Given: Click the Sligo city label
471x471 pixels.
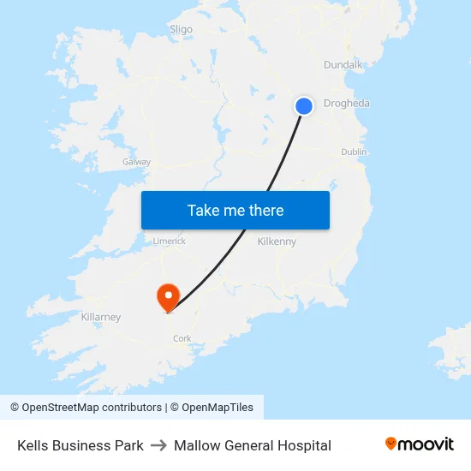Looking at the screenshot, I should tap(181, 29).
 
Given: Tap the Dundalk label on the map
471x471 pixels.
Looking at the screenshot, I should tap(343, 65).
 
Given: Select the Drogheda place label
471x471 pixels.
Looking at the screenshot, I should tap(347, 104).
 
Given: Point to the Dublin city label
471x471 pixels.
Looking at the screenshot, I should tap(354, 152).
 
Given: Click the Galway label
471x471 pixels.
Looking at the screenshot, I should tap(136, 161).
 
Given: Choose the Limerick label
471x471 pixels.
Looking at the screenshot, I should tap(170, 241).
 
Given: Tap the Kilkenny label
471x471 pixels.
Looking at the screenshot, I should tap(277, 241).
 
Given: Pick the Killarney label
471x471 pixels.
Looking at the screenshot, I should tap(100, 317).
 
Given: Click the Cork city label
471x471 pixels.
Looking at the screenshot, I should tap(182, 338).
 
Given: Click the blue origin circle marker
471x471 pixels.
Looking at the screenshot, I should tap(304, 105).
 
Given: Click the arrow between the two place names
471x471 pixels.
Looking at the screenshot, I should tap(158, 445).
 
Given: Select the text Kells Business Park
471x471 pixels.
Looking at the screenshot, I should tap(80, 445).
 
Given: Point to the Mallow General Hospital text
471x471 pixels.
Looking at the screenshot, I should tap(253, 445).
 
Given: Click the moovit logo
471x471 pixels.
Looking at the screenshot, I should tap(420, 444).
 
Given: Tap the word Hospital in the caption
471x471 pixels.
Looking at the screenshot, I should tap(305, 445).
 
